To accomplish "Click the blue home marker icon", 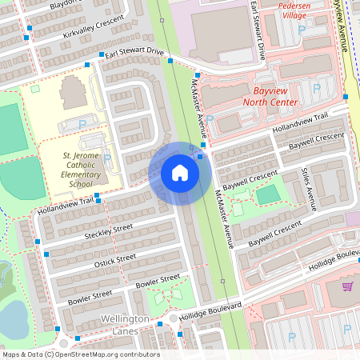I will (x=179, y=173).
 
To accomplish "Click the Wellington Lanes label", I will (x=126, y=325).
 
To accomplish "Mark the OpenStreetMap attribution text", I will (x=81, y=354).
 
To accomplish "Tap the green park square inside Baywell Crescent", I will (x=270, y=194).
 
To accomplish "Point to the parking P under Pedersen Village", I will (x=302, y=30).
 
